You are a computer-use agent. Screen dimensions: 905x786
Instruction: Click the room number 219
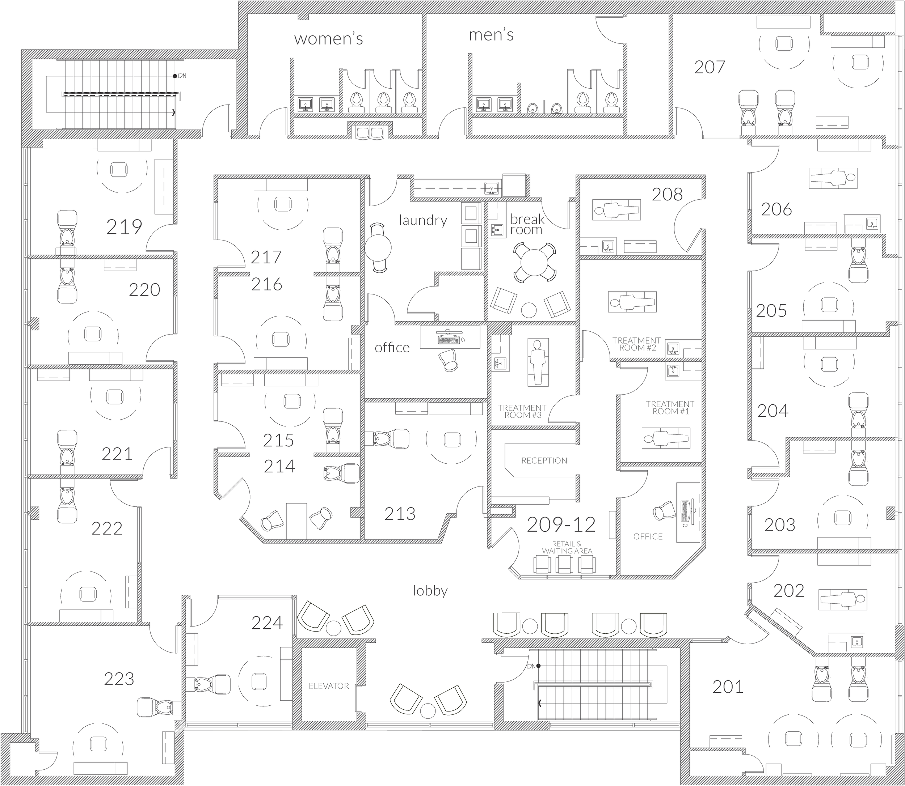click(x=124, y=227)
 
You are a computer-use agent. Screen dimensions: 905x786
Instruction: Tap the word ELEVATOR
click(x=329, y=686)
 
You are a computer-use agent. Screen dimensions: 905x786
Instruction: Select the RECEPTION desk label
click(x=544, y=460)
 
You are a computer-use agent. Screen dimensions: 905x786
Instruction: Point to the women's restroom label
click(x=329, y=39)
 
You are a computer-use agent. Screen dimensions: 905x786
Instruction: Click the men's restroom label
click(x=491, y=35)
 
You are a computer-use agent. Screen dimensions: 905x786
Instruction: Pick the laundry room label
click(x=423, y=220)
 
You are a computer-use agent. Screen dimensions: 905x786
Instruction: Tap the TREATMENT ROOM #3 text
click(x=522, y=411)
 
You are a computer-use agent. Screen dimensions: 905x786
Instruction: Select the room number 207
click(x=710, y=67)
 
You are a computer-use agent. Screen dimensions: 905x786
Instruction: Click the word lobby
click(x=430, y=591)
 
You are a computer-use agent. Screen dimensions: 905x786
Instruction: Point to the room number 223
click(x=119, y=679)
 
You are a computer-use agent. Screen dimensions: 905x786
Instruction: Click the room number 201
click(x=728, y=687)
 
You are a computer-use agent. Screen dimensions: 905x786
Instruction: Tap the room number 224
click(x=267, y=623)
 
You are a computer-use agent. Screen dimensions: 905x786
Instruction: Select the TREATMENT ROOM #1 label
click(x=670, y=408)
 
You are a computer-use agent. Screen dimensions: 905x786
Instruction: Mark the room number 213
click(x=400, y=514)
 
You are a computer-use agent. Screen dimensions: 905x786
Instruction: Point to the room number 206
click(x=776, y=210)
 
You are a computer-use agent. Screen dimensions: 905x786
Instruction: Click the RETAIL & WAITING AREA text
click(x=567, y=547)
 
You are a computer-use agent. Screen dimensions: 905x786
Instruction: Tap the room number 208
click(x=667, y=194)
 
